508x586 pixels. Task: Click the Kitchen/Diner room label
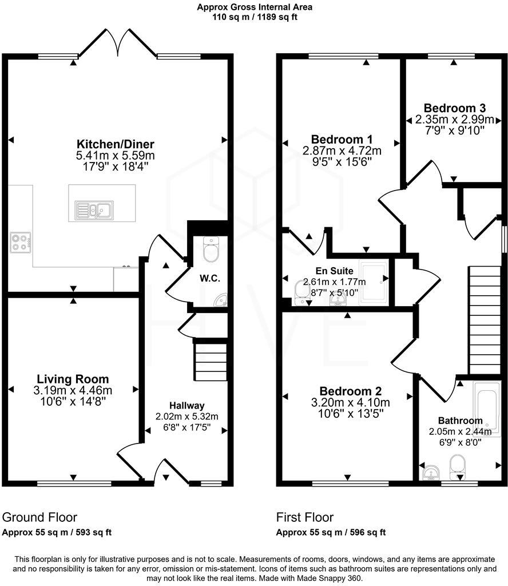(116, 144)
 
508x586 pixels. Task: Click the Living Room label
(73, 379)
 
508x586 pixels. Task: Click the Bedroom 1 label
(342, 139)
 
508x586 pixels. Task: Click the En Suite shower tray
(375, 280)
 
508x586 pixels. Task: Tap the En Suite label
(334, 271)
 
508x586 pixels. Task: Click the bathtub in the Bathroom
(487, 407)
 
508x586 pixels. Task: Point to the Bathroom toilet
(458, 466)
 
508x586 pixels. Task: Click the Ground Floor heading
(39, 517)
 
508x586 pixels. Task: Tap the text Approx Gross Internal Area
(255, 7)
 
